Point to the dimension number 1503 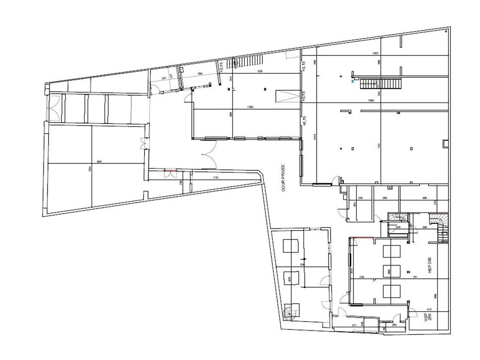tap(375, 54)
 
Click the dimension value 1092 tap(251, 107)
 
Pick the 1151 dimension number tap(216, 177)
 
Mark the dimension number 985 tap(99, 162)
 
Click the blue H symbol tap(352, 81)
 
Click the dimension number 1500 tap(371, 101)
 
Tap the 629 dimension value tap(259, 71)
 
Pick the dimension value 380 tap(200, 74)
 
